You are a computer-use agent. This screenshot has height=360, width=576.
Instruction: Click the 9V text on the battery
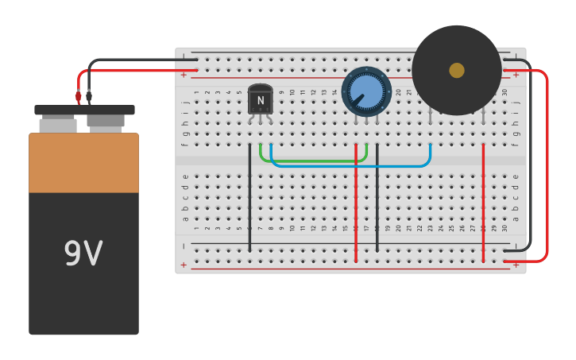click(x=83, y=254)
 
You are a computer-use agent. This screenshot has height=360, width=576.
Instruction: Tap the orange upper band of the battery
click(x=83, y=163)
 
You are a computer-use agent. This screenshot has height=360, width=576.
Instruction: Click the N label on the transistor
click(x=260, y=100)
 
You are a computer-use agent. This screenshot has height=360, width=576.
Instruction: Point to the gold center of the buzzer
click(x=457, y=70)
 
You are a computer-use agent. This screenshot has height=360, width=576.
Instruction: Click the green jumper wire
click(x=314, y=161)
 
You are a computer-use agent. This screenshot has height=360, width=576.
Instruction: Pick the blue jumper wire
click(x=350, y=167)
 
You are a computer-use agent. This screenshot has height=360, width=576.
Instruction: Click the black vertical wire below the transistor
click(x=249, y=199)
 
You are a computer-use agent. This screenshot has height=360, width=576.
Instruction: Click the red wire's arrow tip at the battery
click(x=78, y=99)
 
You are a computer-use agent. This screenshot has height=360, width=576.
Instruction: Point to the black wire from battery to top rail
click(x=135, y=60)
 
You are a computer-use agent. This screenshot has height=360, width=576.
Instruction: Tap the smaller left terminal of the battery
click(x=58, y=125)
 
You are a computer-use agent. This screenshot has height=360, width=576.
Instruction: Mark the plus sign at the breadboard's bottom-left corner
click(x=184, y=265)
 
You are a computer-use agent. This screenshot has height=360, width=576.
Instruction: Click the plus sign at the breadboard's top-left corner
click(x=184, y=75)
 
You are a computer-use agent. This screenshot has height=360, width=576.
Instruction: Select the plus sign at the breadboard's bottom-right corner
click(x=516, y=265)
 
